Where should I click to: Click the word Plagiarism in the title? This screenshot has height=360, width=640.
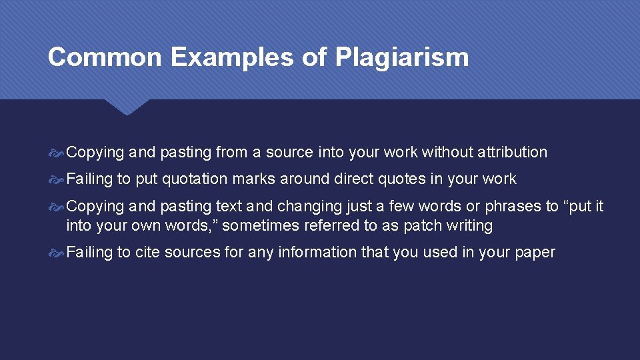pyautogui.click(x=402, y=57)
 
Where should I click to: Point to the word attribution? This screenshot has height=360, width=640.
pyautogui.click(x=512, y=152)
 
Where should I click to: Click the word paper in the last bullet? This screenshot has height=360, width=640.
pyautogui.click(x=533, y=252)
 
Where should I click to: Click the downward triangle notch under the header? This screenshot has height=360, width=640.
pyautogui.click(x=127, y=107)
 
